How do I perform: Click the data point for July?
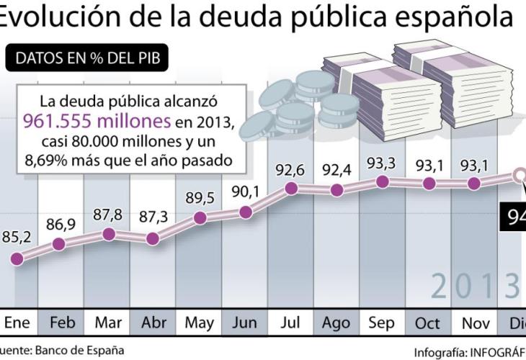pos(292,188)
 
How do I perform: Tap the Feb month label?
pos(61,323)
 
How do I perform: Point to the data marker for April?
pos(153,238)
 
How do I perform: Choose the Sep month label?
pos(382,323)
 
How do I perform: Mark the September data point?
pos(383,181)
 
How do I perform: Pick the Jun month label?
pos(245,323)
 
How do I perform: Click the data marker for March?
pos(109,234)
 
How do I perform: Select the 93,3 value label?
pos(383,163)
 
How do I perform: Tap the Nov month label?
pos(474,323)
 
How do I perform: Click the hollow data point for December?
pos(520,176)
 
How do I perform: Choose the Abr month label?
pos(153,323)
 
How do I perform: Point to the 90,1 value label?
pos(245,192)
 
